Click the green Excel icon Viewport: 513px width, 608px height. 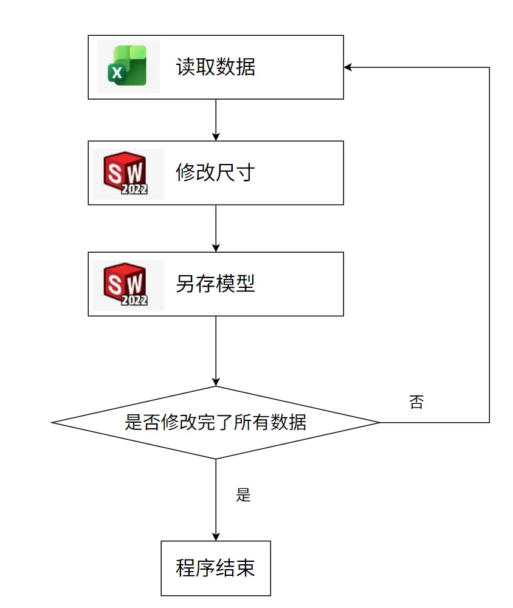coord(128,67)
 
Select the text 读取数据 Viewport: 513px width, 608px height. coord(215,67)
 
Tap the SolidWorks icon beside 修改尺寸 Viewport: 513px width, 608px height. coord(128,174)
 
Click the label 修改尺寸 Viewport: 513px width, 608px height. coord(215,174)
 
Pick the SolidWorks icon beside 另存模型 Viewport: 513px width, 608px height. coord(128,285)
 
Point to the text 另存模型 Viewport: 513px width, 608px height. coord(215,284)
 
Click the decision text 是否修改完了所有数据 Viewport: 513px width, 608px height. coord(215,422)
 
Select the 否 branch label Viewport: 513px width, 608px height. coord(416,402)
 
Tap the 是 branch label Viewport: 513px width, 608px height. coord(243,495)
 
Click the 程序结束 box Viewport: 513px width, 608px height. coord(215,568)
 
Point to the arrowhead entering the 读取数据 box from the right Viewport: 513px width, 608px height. coord(348,67)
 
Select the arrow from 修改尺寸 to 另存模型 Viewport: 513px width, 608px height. coord(216,228)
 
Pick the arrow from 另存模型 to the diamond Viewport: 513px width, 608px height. coord(216,350)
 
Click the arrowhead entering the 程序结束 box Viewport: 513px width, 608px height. coord(216,536)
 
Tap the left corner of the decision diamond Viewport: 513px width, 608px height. coord(53,422)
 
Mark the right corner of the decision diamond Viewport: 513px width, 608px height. coord(379,422)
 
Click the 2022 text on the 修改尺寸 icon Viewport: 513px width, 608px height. coord(134,189)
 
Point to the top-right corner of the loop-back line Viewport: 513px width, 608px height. coord(489,67)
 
